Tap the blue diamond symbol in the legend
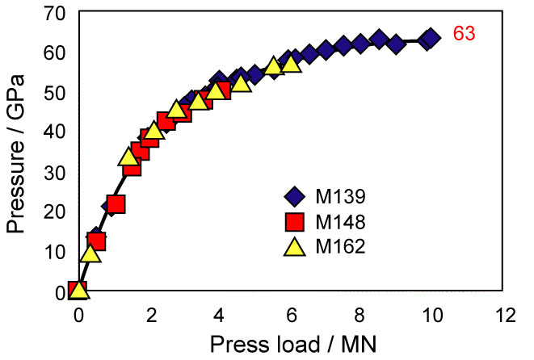click(295, 196)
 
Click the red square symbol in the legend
click(295, 221)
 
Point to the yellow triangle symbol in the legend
click(295, 245)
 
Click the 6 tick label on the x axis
click(291, 312)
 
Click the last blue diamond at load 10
click(431, 38)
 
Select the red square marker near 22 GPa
click(116, 204)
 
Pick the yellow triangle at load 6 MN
click(291, 63)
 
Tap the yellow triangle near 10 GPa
click(90, 253)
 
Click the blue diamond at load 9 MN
click(396, 43)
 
